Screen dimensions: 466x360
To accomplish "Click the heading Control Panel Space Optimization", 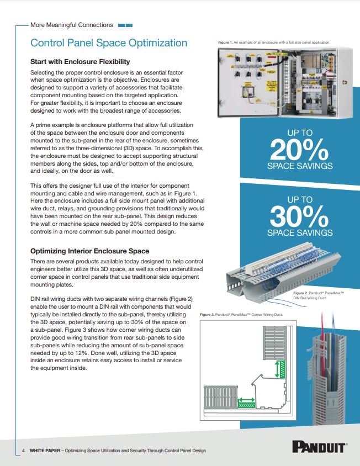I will [109, 43].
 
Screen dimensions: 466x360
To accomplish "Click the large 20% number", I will [299, 149].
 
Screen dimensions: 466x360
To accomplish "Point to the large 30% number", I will [299, 216].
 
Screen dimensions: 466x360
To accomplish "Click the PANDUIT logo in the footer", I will [319, 447].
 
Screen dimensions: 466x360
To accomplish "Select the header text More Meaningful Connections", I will [72, 25].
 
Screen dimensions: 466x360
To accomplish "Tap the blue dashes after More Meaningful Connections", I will [125, 25].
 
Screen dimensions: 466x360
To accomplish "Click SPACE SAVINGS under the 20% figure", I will [299, 166].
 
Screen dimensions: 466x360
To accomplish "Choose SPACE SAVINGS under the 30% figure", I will [299, 232].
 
